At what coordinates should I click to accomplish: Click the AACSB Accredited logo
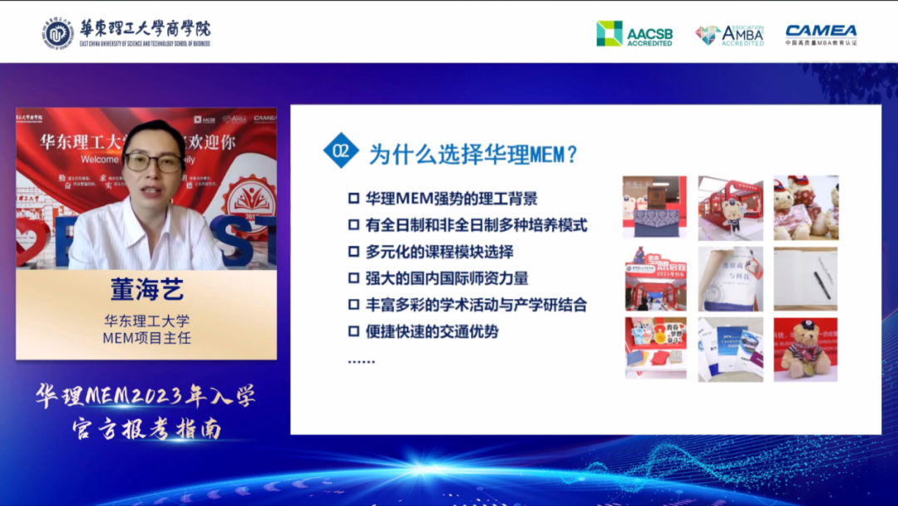tap(634, 33)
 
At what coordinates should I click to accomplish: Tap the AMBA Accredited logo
tap(729, 34)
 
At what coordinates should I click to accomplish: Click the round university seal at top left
tap(58, 32)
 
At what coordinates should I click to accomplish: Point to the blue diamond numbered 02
tap(341, 151)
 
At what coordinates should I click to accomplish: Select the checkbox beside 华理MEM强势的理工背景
tap(353, 199)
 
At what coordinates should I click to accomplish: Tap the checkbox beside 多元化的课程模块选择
tap(353, 252)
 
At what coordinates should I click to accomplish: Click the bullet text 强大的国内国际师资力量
tap(447, 278)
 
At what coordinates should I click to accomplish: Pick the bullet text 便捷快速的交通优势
tap(432, 332)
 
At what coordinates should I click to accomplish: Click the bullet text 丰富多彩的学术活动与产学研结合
tap(476, 305)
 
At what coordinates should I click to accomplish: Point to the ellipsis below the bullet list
tap(361, 361)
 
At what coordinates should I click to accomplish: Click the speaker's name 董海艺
tap(146, 290)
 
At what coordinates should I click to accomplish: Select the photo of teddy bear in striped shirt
tap(806, 349)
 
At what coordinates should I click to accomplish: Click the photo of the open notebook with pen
tap(806, 278)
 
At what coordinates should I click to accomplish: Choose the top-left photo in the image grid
tap(655, 207)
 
